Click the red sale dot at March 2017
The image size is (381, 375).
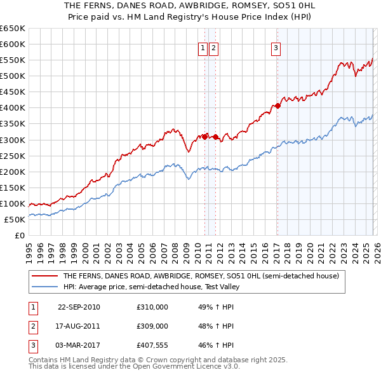tap(278, 106)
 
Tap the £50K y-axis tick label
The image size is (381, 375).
tap(15, 219)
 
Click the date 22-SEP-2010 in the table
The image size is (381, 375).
tap(79, 307)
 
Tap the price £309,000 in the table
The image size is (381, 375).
tap(152, 326)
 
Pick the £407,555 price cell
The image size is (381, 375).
tap(152, 345)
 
